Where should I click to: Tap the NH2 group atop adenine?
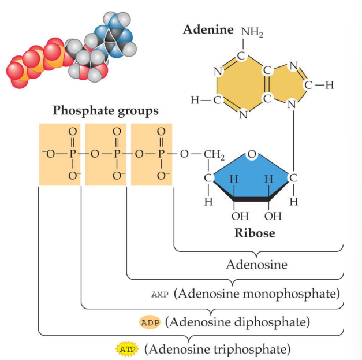tap(252, 32)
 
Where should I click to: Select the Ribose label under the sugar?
tap(255, 234)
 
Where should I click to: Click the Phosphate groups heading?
tap(105, 110)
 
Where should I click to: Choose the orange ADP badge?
tap(150, 321)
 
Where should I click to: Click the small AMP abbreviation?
tap(159, 294)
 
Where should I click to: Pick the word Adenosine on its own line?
tap(255, 265)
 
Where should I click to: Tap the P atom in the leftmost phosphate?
tap(72, 154)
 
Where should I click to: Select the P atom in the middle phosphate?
tap(116, 154)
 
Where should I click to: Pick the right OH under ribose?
tap(272, 217)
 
